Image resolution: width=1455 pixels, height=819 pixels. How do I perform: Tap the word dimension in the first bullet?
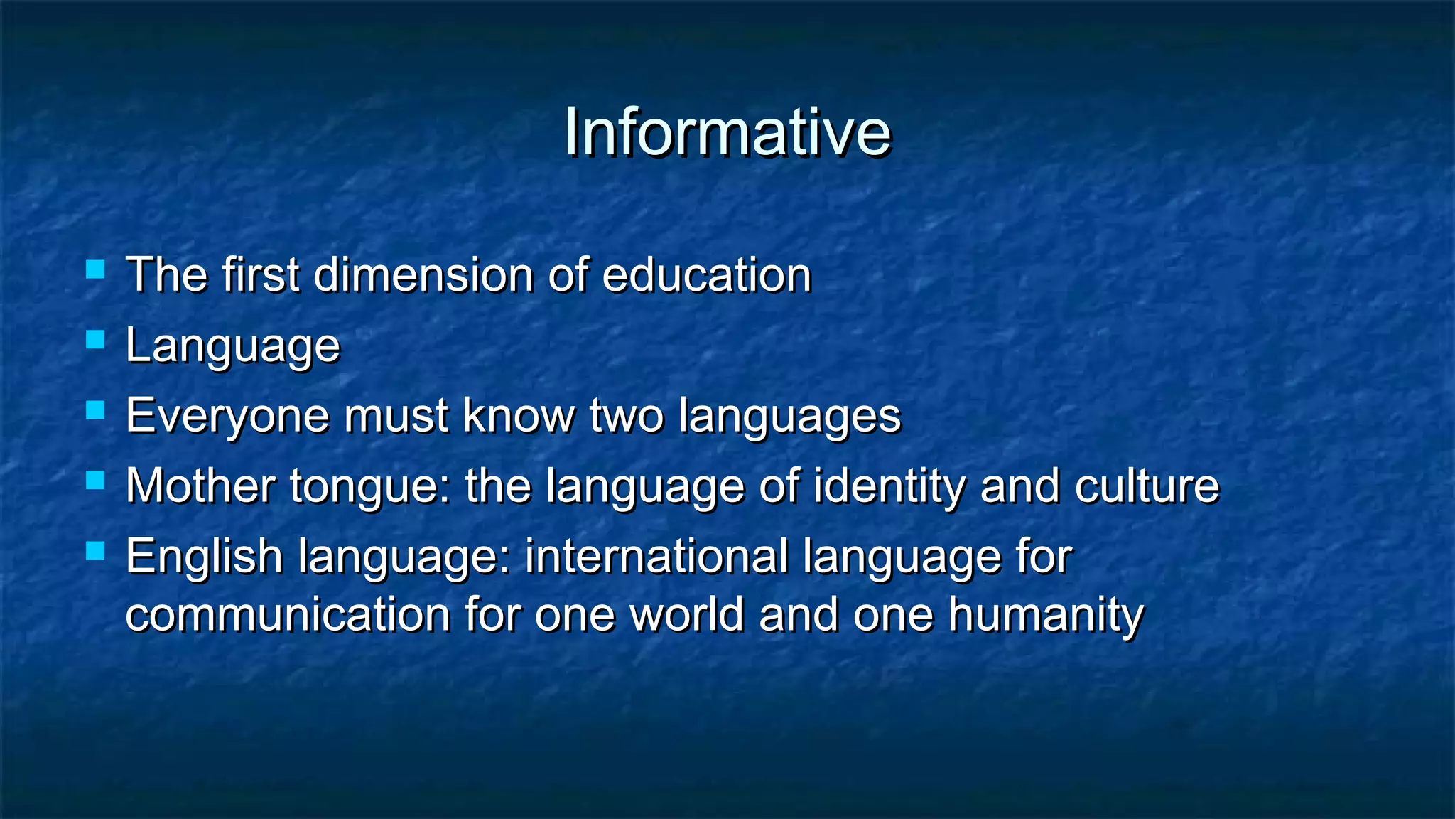point(423,275)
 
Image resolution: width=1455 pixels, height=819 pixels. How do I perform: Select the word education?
point(707,275)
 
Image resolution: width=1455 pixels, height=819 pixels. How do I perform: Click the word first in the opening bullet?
point(260,275)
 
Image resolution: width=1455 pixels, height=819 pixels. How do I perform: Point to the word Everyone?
point(227,416)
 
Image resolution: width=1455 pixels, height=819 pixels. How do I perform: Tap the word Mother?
point(200,486)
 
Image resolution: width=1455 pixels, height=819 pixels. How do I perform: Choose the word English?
point(204,557)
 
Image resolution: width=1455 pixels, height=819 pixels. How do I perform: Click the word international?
point(656,556)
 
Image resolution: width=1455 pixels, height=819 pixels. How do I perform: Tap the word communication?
point(288,614)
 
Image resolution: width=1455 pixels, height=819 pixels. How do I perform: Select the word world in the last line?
point(687,614)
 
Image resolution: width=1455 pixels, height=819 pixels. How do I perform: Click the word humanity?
point(1046,616)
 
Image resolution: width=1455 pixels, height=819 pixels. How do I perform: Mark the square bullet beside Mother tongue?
point(95,481)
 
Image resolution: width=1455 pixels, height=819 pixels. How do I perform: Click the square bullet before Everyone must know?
point(95,411)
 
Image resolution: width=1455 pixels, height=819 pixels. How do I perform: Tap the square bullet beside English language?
point(95,551)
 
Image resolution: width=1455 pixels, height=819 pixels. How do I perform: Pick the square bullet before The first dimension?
point(95,270)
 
